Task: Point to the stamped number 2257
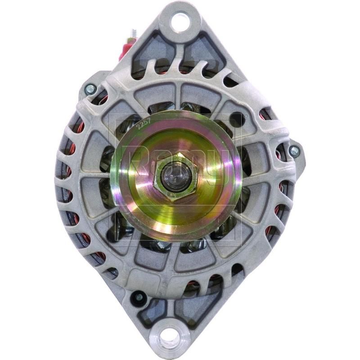click(x=144, y=125)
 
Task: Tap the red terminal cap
click(x=124, y=48)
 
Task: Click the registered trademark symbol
click(x=245, y=117)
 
